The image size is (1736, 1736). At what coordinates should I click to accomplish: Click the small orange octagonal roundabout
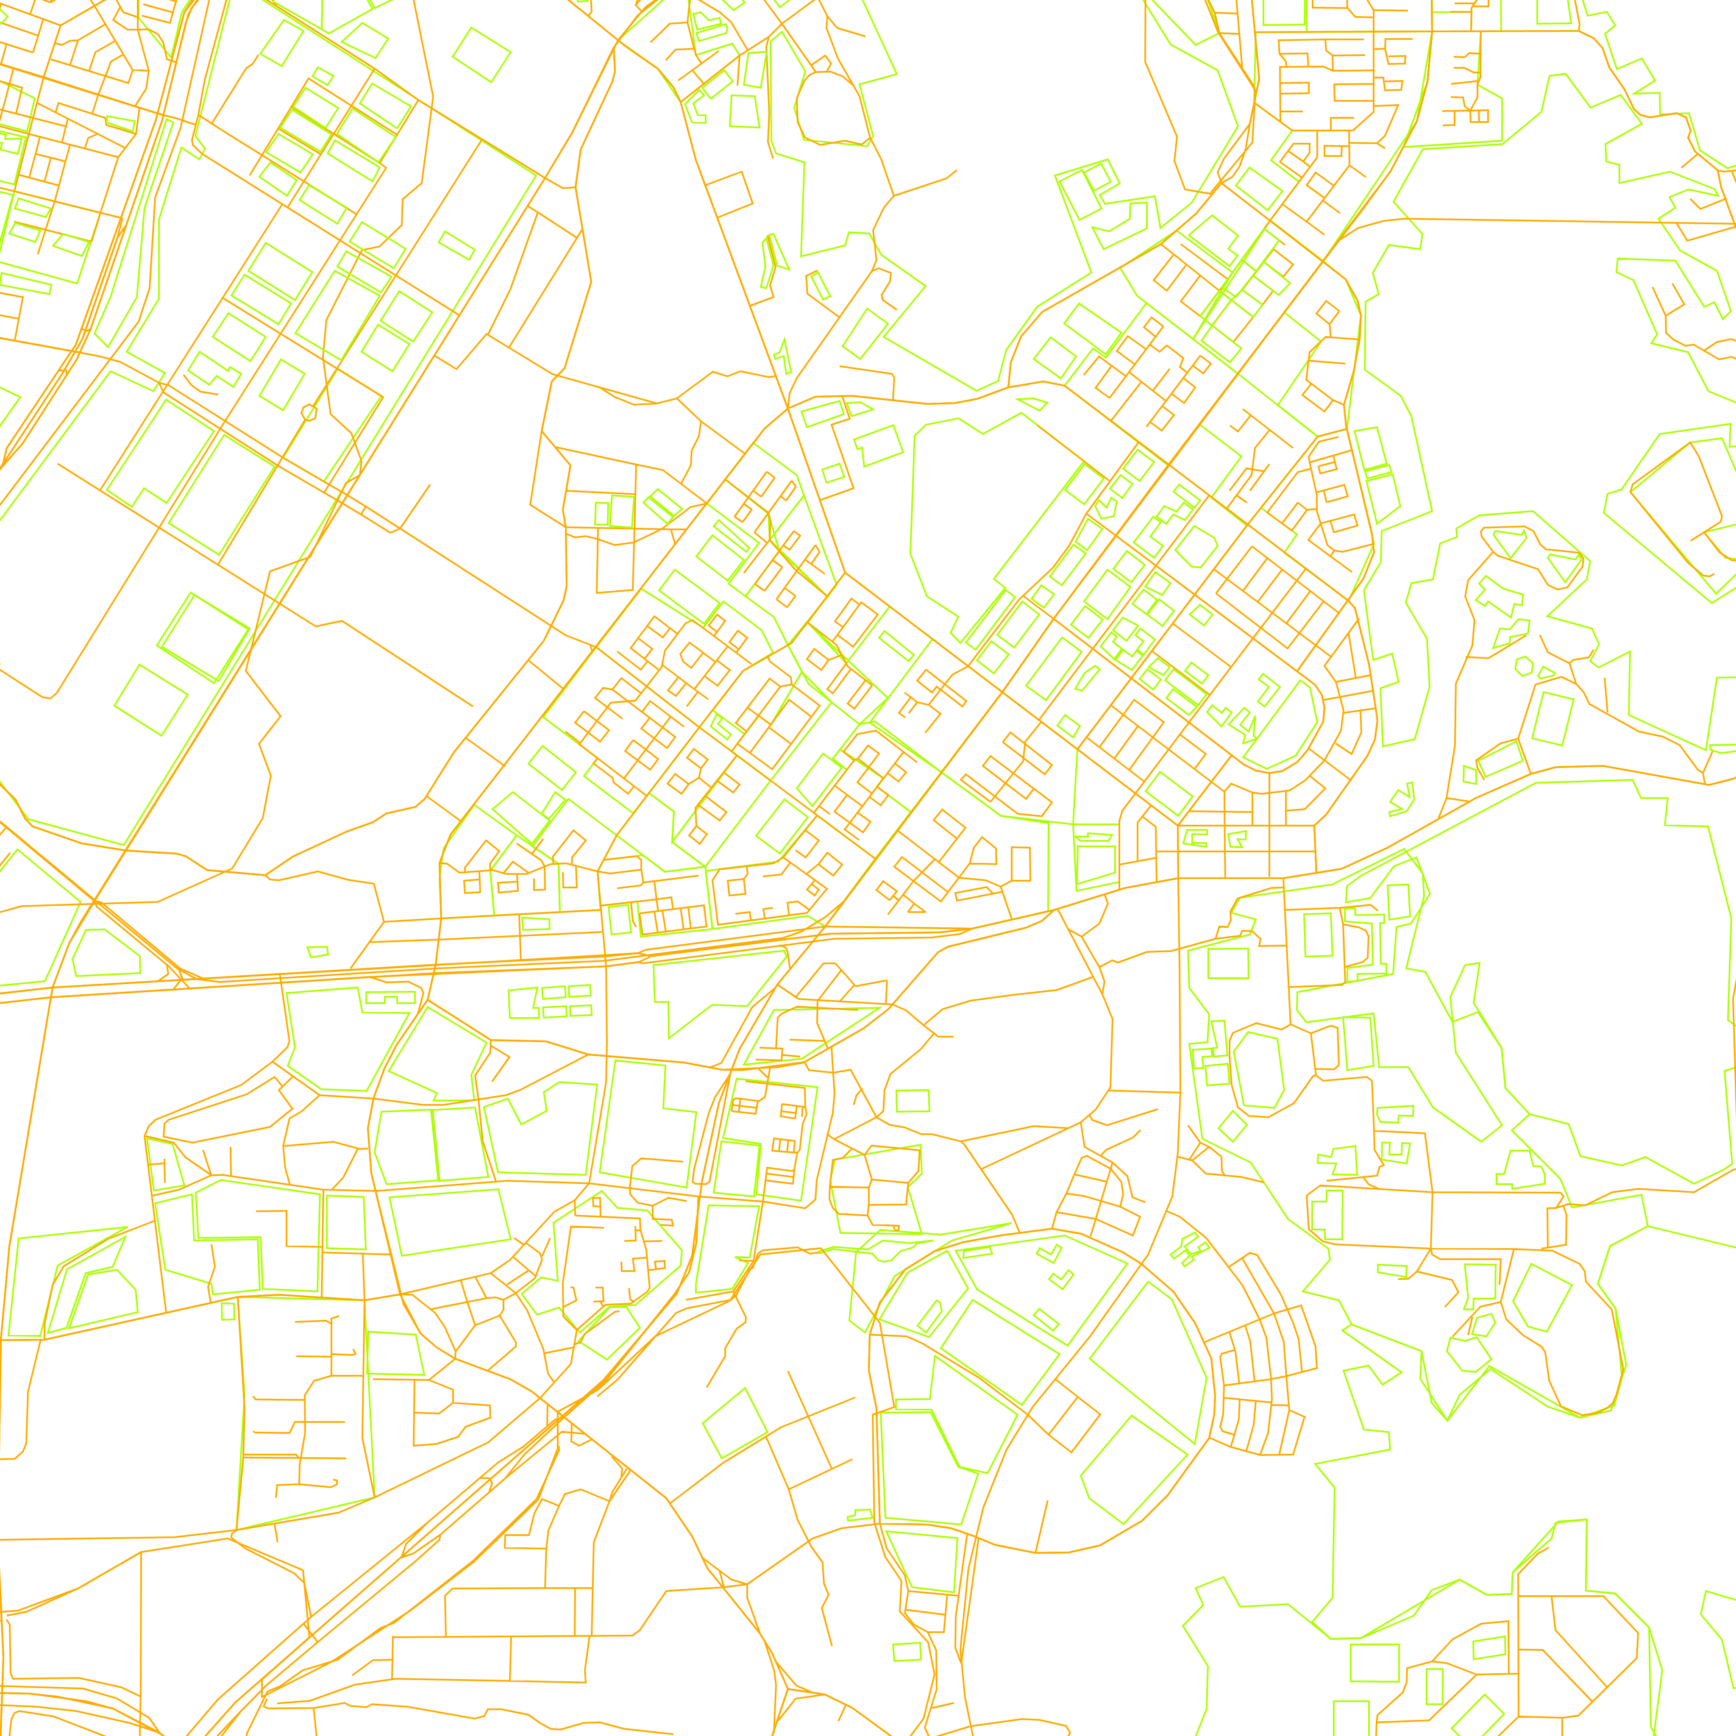309,412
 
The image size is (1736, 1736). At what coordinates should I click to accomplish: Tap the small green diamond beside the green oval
1233,1126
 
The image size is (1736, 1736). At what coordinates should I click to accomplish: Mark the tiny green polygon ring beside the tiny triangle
1524,666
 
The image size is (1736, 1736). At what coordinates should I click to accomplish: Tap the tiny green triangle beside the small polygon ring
1546,672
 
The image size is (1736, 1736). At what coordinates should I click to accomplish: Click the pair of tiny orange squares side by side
1478,116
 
